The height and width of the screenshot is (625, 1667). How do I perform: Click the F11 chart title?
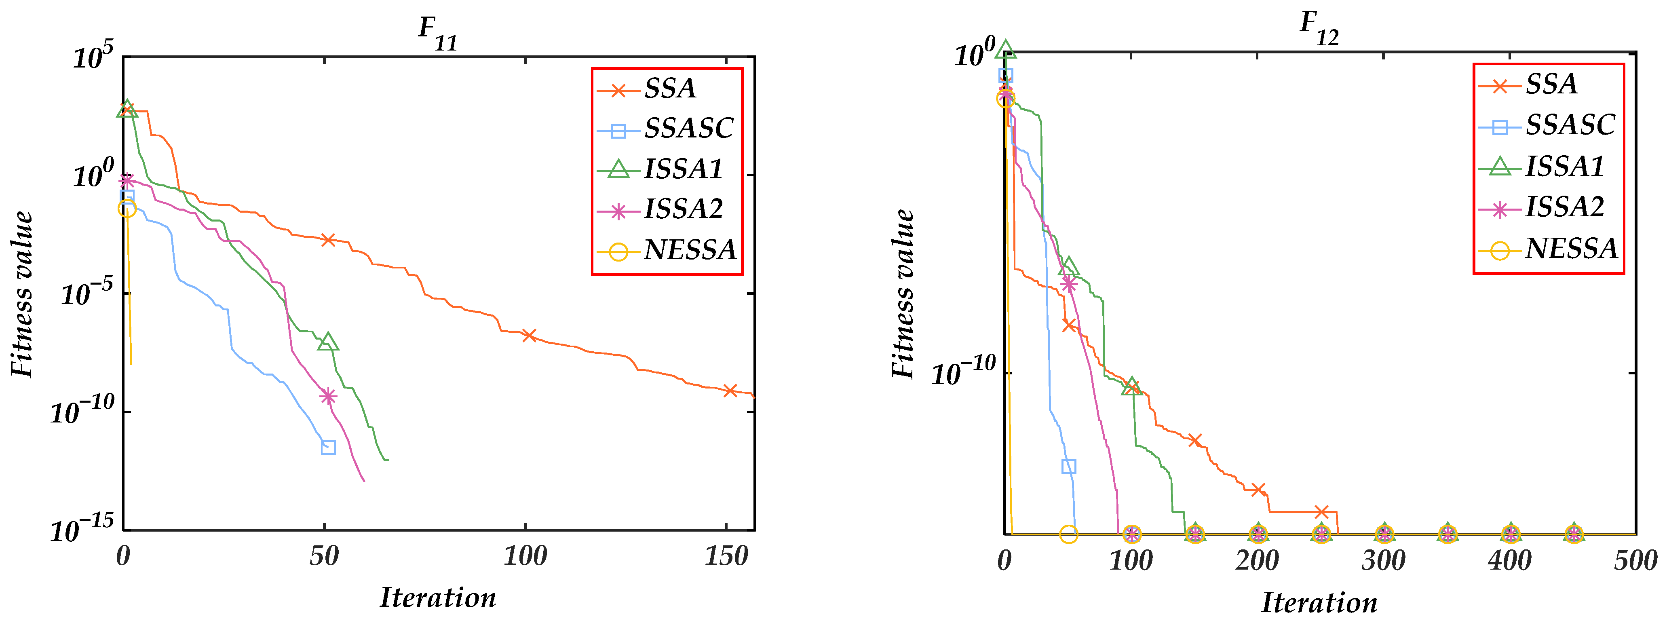pos(437,32)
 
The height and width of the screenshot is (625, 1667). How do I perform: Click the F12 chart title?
pos(1319,28)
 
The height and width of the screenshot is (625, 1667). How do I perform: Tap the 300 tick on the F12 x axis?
pos(1383,560)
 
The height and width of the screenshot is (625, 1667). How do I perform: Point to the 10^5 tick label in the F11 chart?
pos(93,57)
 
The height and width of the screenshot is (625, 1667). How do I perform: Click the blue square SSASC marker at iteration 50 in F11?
pos(328,447)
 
